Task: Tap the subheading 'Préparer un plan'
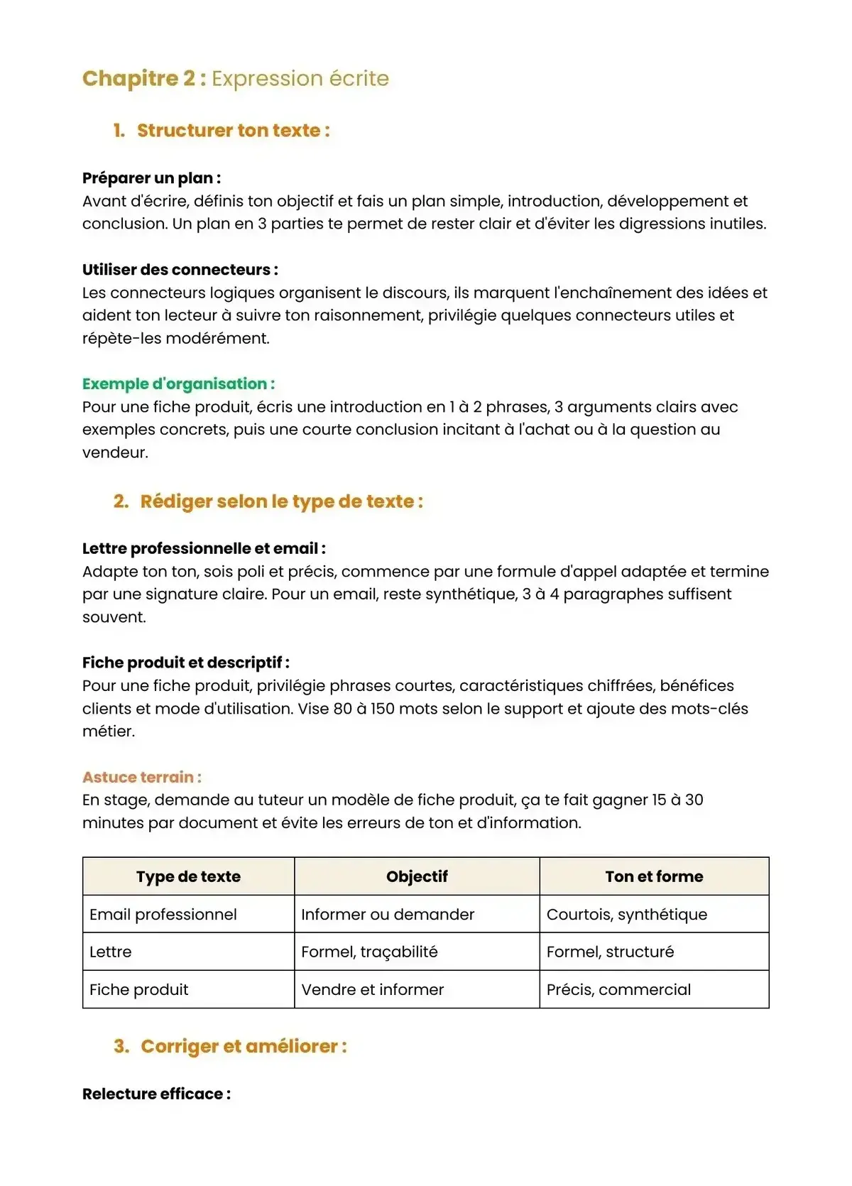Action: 151,178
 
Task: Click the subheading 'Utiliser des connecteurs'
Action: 180,270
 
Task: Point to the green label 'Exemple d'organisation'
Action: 178,384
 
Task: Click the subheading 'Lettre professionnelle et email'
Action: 204,548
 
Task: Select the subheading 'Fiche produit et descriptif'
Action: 185,663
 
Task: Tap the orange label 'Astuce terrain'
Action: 141,777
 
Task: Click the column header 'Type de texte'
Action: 188,876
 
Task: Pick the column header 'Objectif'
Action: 417,876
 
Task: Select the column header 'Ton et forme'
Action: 654,876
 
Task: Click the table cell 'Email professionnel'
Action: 163,915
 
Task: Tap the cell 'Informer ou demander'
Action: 388,915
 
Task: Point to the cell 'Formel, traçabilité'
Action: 369,952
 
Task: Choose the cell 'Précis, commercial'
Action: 618,990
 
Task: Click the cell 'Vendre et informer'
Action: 372,990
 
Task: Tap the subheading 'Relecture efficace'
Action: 156,1094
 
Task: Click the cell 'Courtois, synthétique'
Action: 627,915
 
